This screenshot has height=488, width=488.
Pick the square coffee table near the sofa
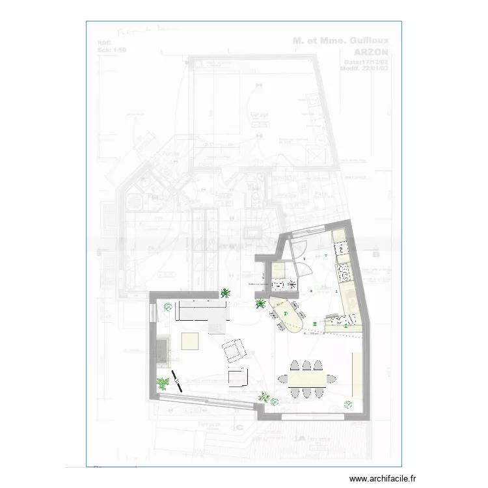coord(190,340)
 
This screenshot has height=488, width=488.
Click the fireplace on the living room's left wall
coord(163,351)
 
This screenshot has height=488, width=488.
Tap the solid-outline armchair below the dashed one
coord(237,377)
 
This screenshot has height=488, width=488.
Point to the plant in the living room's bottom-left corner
coord(161,384)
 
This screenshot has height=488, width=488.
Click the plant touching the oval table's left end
coord(260,303)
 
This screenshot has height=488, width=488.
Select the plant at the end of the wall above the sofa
coord(225,293)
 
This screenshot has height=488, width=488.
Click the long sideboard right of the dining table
coord(357,374)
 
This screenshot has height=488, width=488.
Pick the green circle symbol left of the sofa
coord(168,306)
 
